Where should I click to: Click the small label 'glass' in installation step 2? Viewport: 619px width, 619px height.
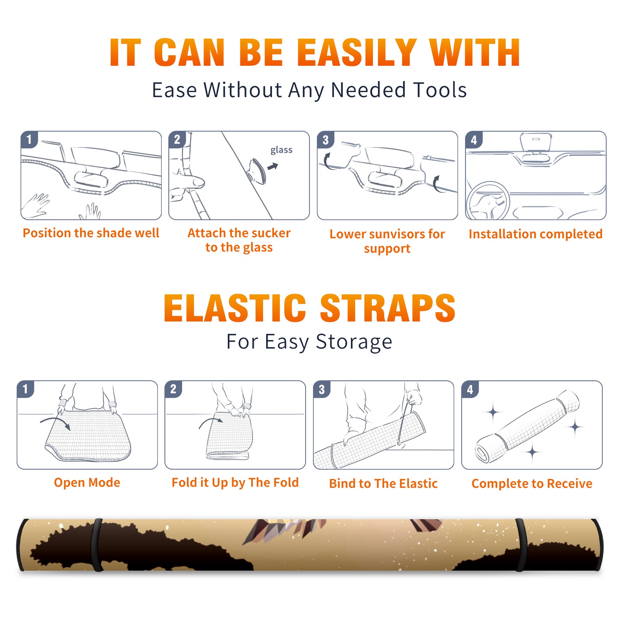pos(281,150)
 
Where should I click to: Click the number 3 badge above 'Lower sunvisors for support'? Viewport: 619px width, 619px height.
pos(325,140)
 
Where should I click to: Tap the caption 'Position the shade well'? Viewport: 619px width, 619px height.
pos(91,233)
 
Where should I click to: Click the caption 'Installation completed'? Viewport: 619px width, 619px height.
pos(535,234)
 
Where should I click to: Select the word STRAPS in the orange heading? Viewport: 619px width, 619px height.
pos(388,308)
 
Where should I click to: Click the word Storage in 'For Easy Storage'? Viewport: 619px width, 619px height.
pos(354,342)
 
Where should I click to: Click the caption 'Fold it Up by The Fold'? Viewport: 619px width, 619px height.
pos(235,482)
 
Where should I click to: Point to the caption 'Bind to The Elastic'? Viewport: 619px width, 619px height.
pos(383,484)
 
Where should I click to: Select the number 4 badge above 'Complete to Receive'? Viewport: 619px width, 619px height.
pos(470,389)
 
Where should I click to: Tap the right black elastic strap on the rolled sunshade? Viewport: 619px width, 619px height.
pos(521,545)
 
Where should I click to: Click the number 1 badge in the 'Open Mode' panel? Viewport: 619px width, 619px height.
pos(26,389)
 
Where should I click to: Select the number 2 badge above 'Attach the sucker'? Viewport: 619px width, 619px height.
pos(177,139)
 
